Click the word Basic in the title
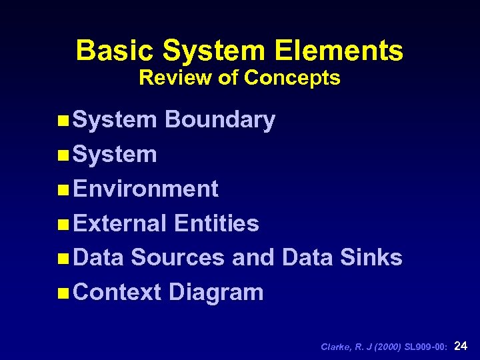115,51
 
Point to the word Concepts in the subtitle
292,78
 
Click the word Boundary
219,120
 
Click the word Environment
146,189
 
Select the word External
120,223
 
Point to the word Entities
216,223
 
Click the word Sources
177,257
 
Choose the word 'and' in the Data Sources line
253,257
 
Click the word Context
117,292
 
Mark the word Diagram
216,293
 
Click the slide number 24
460,345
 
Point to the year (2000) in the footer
387,347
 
